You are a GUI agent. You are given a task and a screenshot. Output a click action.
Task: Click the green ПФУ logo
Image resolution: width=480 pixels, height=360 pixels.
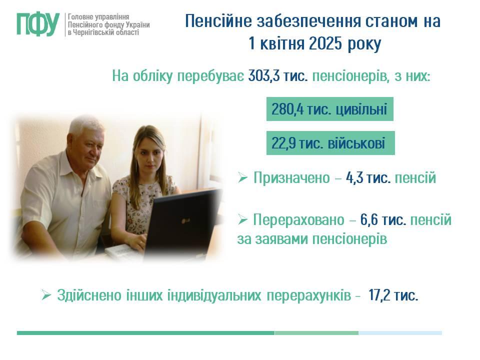(38, 24)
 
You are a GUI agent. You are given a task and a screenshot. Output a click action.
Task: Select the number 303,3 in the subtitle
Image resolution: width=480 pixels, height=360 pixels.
(264, 76)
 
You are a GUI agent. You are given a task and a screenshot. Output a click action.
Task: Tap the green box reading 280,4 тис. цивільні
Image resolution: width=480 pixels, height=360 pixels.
(329, 109)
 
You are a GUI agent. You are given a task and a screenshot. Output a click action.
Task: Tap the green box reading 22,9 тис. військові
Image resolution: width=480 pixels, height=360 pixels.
(330, 143)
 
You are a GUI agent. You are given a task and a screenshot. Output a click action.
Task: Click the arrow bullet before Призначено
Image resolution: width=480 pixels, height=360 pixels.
(242, 177)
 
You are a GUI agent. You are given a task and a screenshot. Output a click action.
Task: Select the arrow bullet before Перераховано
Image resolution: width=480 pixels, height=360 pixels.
(242, 219)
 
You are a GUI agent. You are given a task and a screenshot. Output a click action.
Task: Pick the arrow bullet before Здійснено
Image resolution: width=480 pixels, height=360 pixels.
(46, 295)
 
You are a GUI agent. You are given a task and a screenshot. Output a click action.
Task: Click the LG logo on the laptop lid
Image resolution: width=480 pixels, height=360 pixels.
(185, 220)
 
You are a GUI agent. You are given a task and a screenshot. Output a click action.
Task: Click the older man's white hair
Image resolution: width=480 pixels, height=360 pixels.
(86, 125)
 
